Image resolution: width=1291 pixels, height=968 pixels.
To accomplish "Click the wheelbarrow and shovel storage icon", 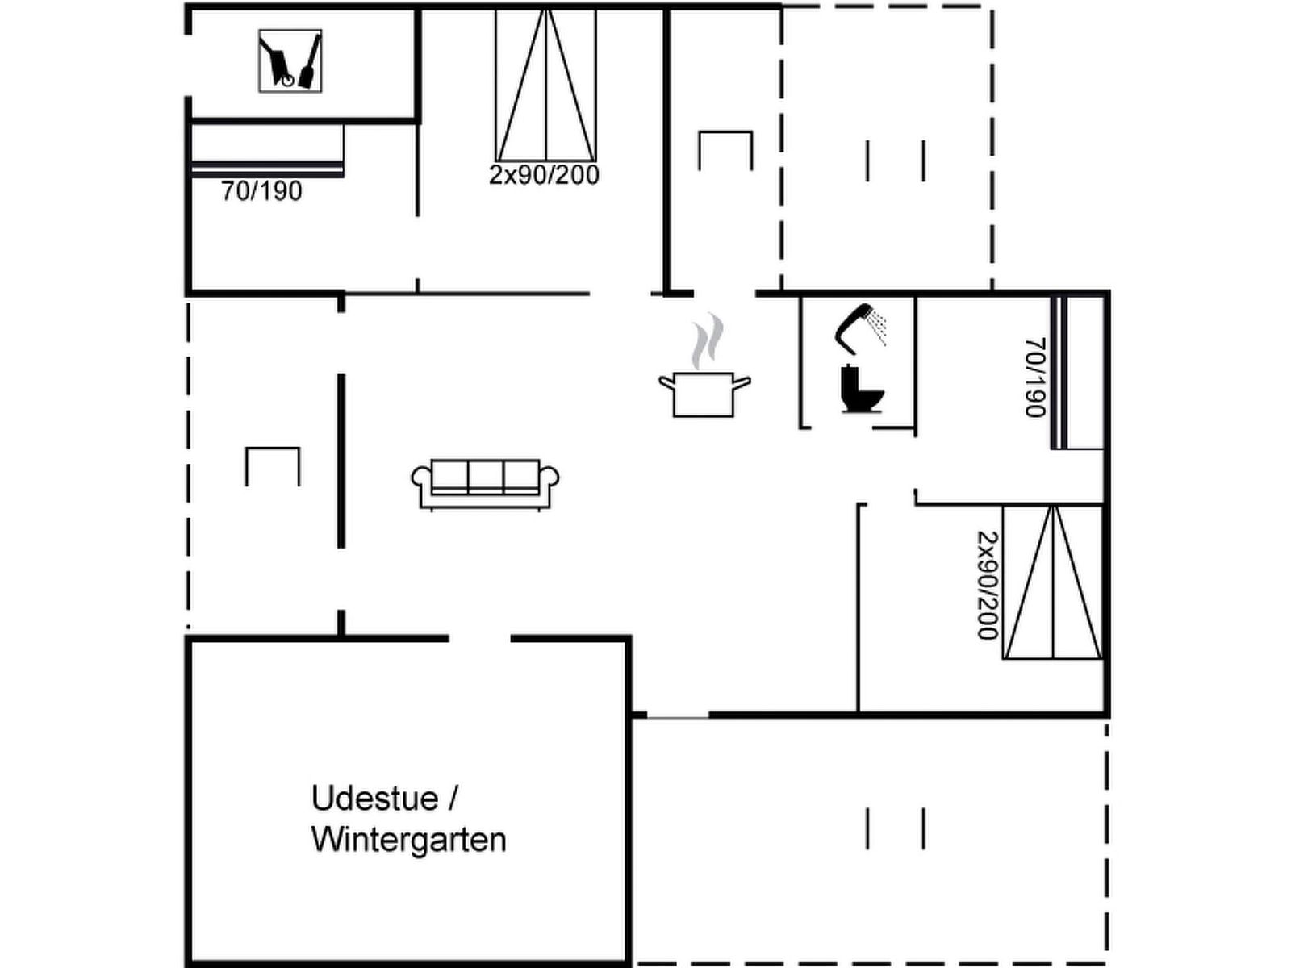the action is (x=290, y=61).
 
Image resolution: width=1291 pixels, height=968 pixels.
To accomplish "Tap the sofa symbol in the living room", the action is (x=485, y=484).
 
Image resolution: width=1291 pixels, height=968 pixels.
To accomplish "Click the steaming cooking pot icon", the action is (x=704, y=365).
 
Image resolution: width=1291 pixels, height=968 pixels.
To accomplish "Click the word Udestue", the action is (x=375, y=799).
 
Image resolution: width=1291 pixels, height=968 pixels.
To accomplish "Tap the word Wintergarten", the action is (x=409, y=840).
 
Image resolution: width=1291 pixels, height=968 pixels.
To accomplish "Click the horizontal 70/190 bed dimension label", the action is (x=261, y=191).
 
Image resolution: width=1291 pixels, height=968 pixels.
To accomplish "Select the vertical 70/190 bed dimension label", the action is (x=1036, y=377).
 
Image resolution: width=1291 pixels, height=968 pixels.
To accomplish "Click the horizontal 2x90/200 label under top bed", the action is (x=544, y=174).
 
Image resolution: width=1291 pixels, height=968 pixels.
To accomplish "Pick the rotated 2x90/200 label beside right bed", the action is (x=988, y=586).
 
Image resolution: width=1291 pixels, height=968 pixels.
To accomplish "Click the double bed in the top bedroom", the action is (x=545, y=85).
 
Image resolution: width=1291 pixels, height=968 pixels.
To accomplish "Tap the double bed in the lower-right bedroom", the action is (x=1052, y=582).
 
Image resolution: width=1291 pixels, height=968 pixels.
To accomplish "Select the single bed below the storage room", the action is (x=268, y=151).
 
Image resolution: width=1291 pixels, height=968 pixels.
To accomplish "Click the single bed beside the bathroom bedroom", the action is (x=1077, y=373).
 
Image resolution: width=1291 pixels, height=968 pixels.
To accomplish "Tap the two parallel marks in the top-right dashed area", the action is (x=895, y=161).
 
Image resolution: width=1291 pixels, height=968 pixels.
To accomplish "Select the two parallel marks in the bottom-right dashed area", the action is (x=895, y=828).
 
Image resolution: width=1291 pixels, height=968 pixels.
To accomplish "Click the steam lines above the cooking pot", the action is (x=708, y=341).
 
